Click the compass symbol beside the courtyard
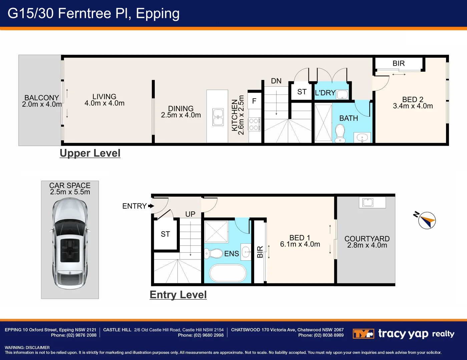click(427, 220)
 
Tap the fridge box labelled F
click(255, 101)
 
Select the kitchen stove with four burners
click(254, 124)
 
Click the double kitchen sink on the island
click(218, 117)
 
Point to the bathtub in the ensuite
click(228, 273)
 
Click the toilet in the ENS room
click(213, 254)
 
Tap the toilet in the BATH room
click(340, 133)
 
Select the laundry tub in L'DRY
click(342, 94)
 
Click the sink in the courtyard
click(368, 202)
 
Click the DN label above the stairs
click(276, 81)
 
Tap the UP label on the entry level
click(190, 214)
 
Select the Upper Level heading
click(90, 153)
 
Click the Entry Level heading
click(178, 295)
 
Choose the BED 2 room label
click(413, 99)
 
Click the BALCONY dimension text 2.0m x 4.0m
click(42, 104)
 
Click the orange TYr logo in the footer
click(363, 334)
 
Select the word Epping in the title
click(157, 14)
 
